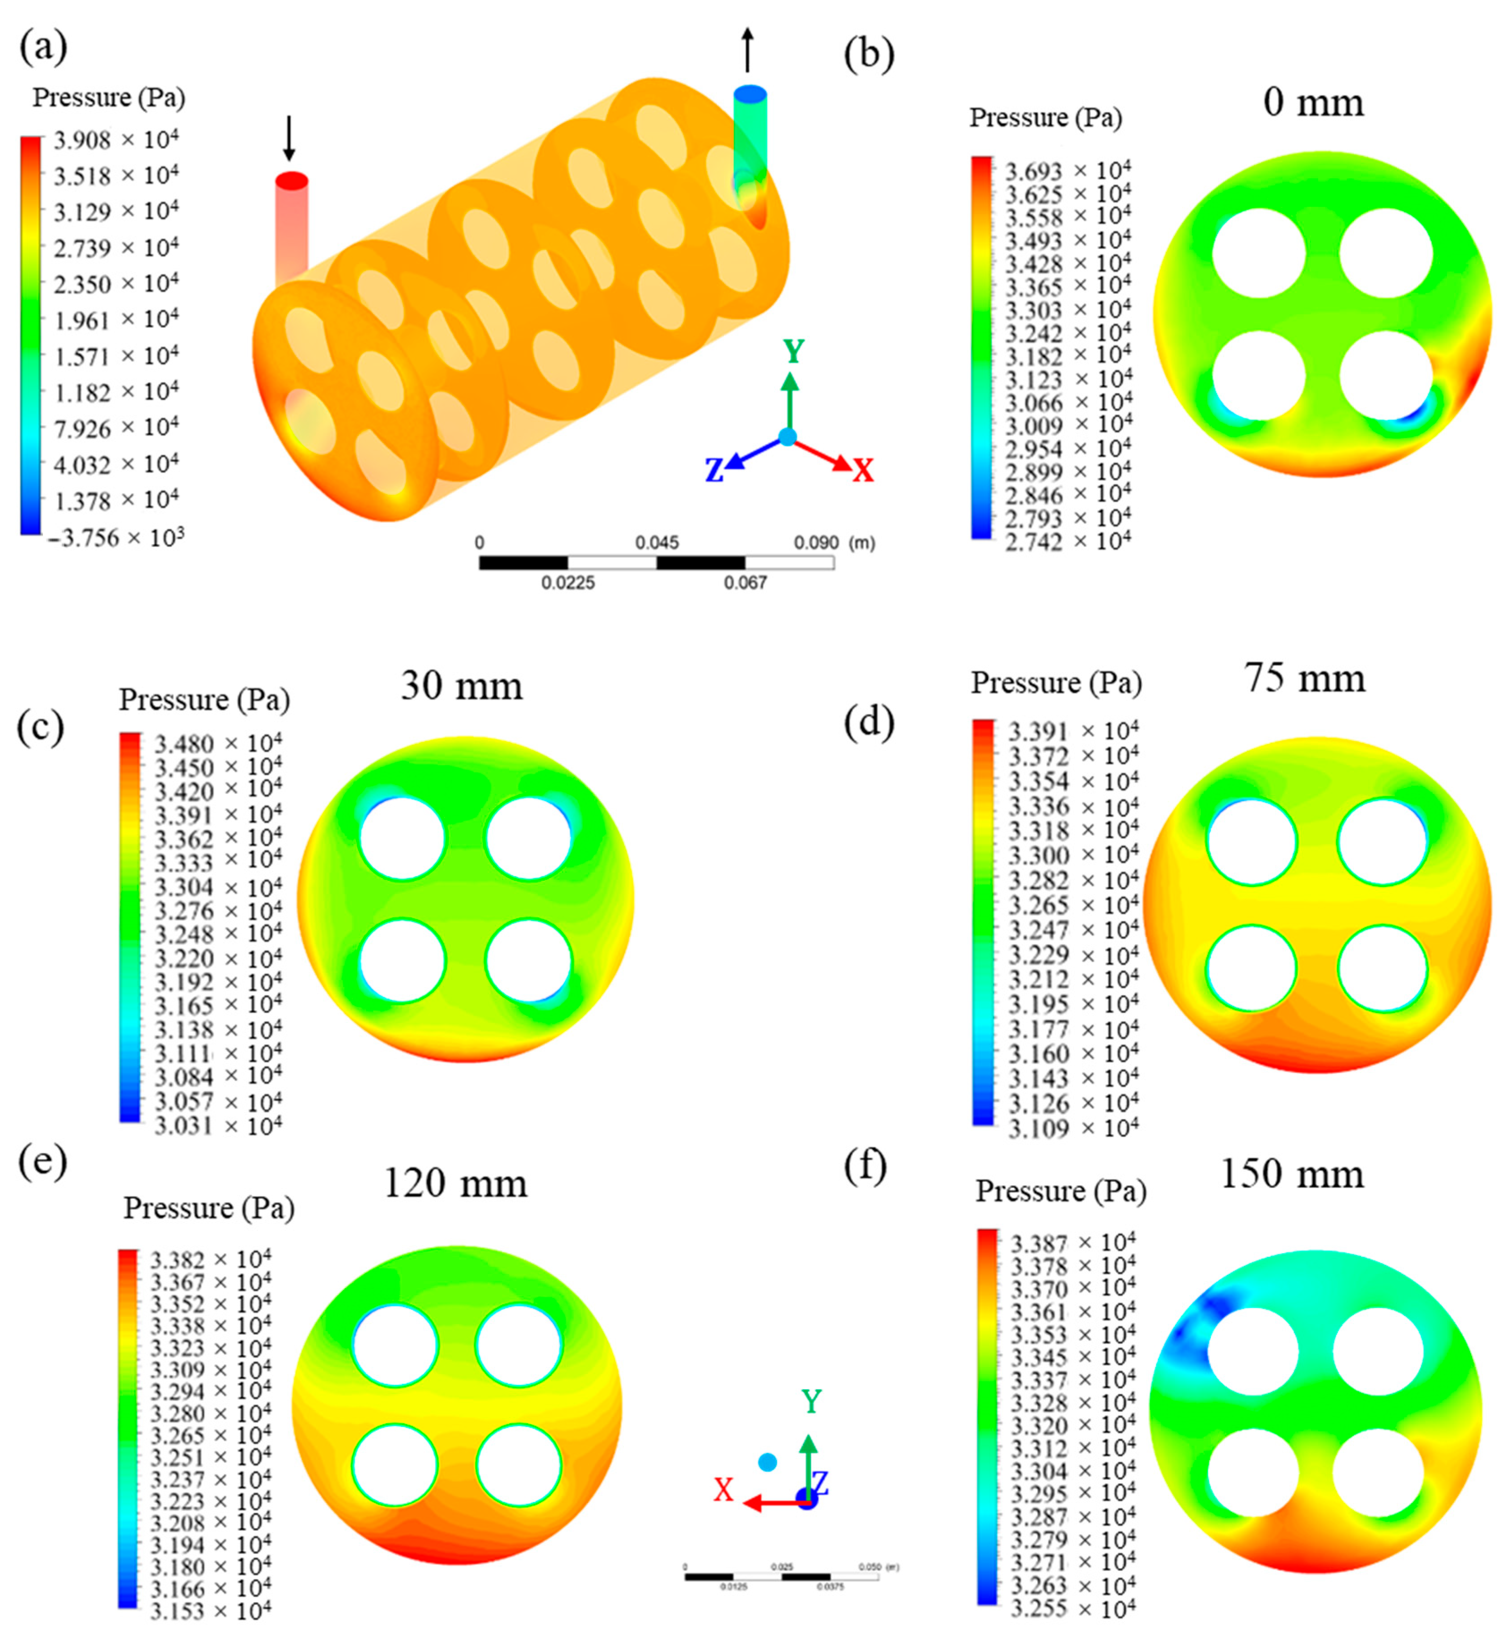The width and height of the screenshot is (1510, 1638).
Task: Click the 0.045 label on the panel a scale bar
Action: point(657,543)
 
